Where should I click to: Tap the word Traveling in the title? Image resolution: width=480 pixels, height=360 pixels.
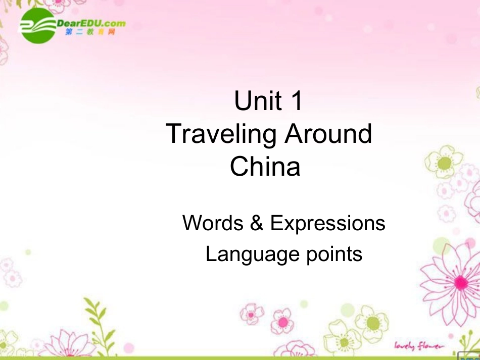(x=221, y=134)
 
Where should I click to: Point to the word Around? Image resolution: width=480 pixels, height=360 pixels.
(x=328, y=133)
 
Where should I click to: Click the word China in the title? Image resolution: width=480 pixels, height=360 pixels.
(x=265, y=167)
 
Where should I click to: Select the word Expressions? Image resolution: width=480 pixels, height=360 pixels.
(x=328, y=223)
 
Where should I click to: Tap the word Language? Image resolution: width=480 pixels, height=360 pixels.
(x=245, y=253)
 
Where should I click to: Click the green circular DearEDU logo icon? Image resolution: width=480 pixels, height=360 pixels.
(x=37, y=26)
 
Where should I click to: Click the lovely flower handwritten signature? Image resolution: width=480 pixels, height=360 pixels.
(x=419, y=345)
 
